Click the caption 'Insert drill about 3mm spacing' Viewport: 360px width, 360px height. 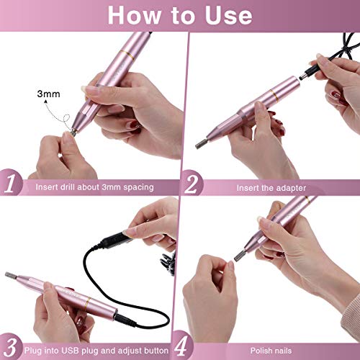click(94, 187)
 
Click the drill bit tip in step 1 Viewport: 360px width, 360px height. click(74, 131)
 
